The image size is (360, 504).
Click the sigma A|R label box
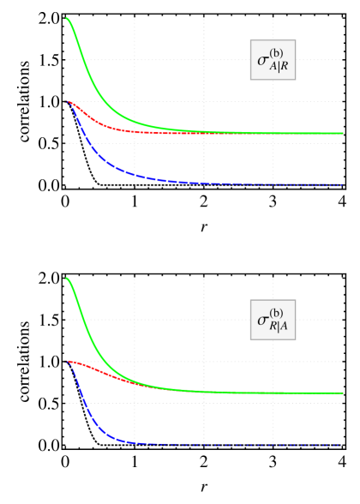point(273,59)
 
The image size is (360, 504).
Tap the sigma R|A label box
point(273,320)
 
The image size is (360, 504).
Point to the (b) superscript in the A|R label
point(276,53)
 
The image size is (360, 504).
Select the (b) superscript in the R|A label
point(276,313)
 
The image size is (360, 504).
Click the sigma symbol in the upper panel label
point(263,61)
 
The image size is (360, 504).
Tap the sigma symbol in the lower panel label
point(263,321)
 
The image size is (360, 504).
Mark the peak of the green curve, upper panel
point(67,18)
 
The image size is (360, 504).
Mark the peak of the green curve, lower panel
point(67,278)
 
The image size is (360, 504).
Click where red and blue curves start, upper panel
point(68,102)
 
